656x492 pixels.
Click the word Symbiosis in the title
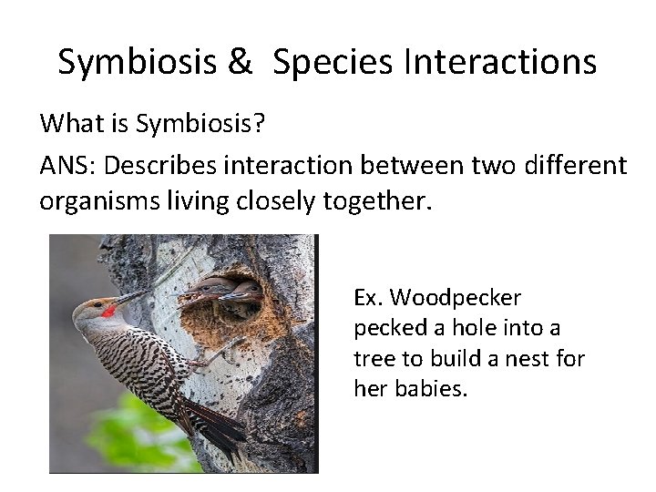click(137, 62)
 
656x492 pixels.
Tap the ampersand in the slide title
click(240, 62)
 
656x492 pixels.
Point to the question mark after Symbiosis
click(260, 122)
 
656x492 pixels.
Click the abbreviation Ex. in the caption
click(368, 298)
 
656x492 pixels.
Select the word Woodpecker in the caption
click(467, 298)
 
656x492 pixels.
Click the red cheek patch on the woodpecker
click(108, 312)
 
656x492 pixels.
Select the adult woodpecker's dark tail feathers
click(214, 433)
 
